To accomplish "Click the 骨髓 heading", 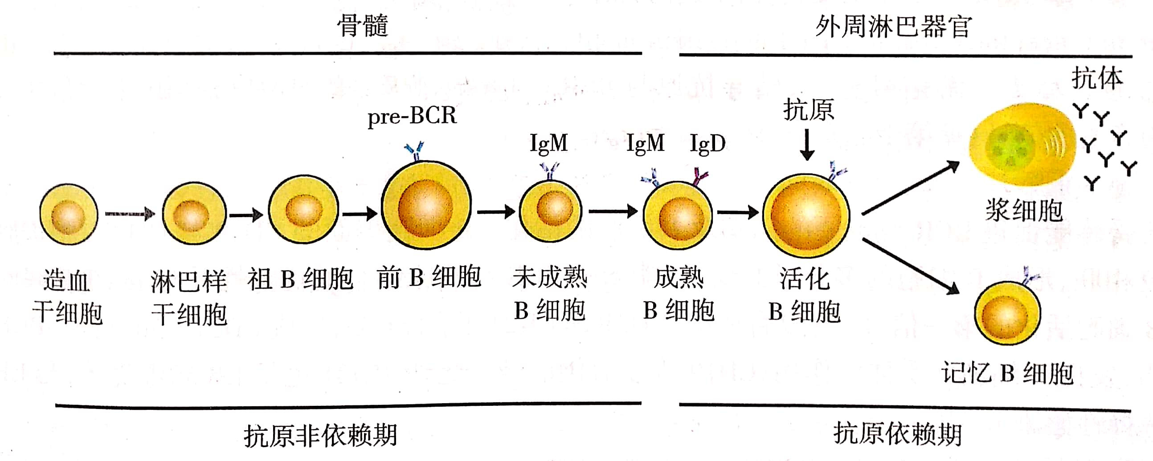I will click(362, 25).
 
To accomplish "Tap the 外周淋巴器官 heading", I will click(893, 26).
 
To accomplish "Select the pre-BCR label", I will click(412, 116).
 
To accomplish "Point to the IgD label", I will click(707, 144).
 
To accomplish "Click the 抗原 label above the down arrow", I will click(808, 109).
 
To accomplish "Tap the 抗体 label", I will click(1097, 78).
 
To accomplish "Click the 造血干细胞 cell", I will click(69, 214).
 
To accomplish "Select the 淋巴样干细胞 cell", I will click(194, 214).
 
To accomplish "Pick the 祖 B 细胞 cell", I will click(303, 209).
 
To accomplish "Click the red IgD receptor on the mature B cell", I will click(699, 177).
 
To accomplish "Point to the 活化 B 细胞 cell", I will click(806, 215).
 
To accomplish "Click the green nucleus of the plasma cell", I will click(1010, 146).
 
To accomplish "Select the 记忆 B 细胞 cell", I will click(1007, 313).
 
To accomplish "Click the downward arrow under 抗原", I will click(807, 145).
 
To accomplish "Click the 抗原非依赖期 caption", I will click(320, 436).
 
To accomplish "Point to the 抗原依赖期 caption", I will click(897, 434).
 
